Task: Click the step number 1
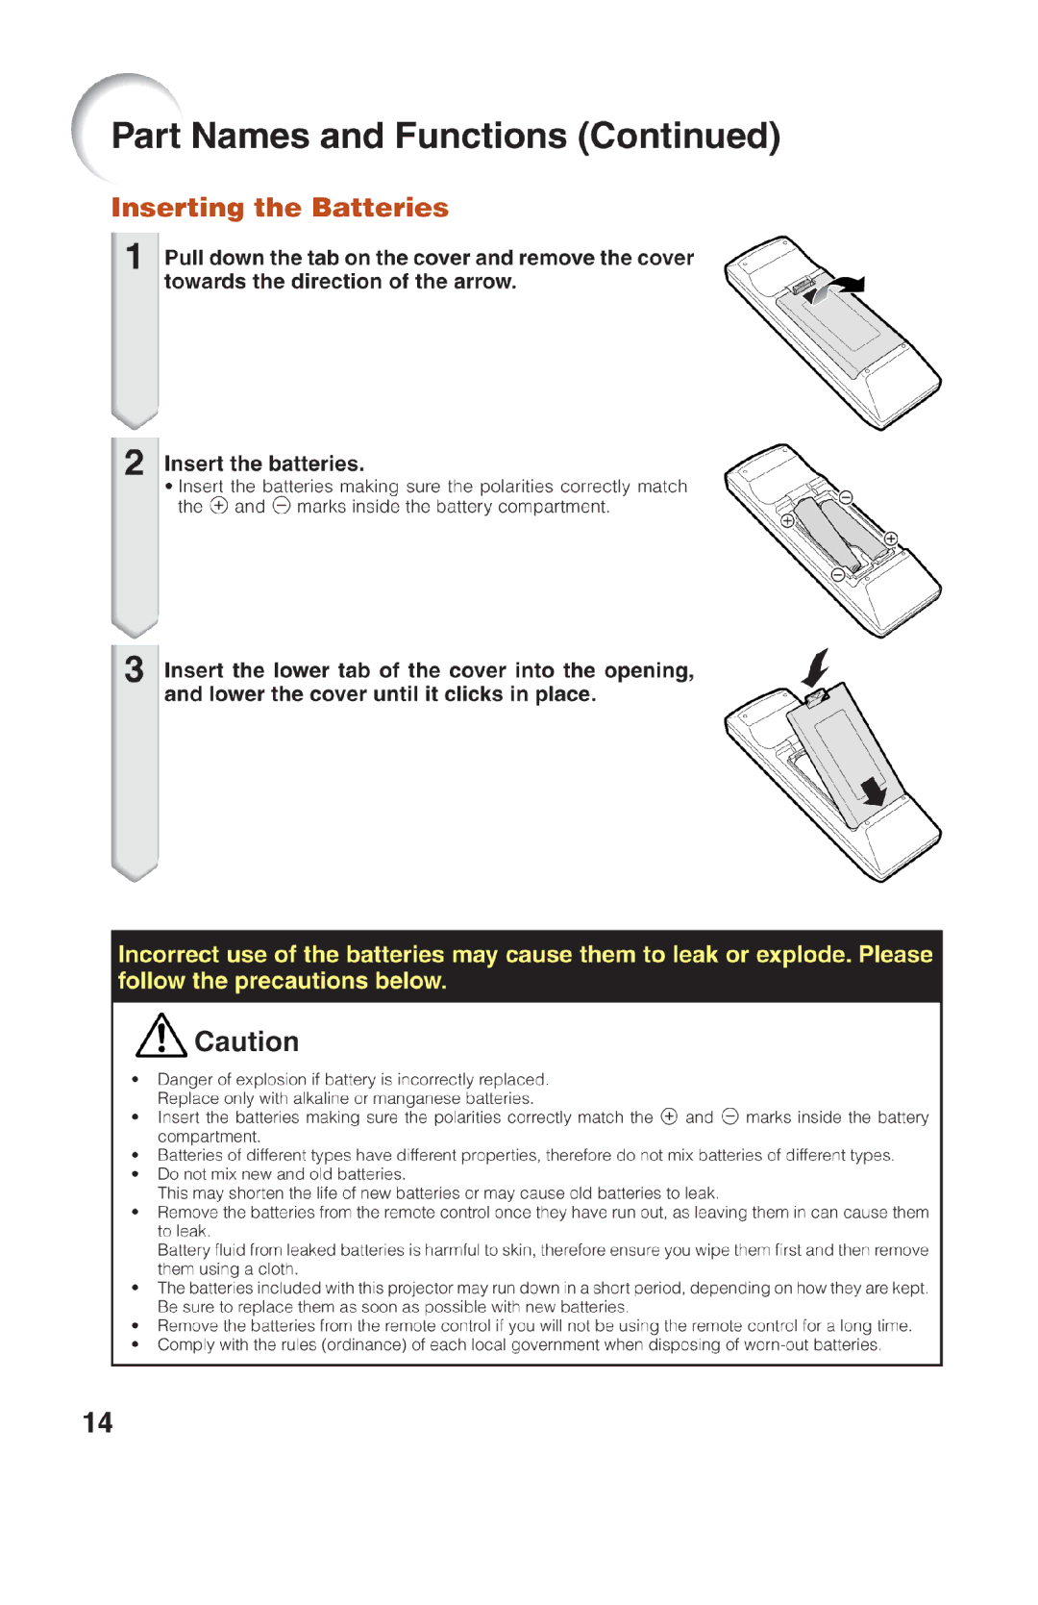(135, 257)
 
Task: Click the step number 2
(135, 463)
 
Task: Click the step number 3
(135, 669)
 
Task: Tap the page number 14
(97, 1422)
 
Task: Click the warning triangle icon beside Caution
(161, 1037)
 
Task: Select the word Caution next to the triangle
(246, 1041)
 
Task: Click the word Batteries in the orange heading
(380, 208)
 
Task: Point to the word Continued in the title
(679, 137)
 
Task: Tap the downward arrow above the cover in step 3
(816, 665)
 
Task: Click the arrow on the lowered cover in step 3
(874, 790)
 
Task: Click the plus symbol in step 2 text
(219, 506)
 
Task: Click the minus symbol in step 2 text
(281, 506)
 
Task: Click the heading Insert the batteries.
(264, 464)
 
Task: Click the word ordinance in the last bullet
(364, 1344)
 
